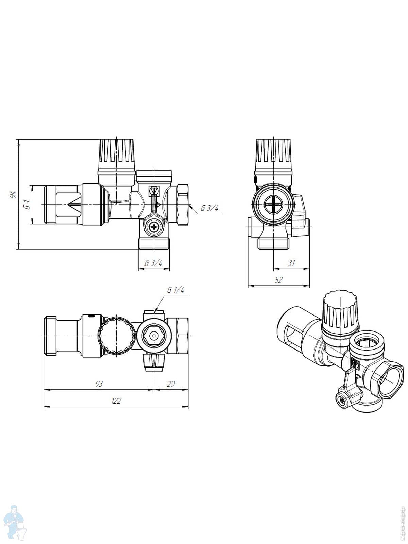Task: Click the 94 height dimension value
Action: pos(13,194)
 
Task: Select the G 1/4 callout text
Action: pos(175,290)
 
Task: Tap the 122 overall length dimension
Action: pos(116,401)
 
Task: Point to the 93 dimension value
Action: pos(99,384)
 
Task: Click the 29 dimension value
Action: pos(171,384)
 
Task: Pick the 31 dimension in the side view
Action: pos(291,263)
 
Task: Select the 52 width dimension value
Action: pos(278,280)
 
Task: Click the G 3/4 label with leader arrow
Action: pos(209,208)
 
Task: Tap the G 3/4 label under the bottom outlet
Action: pos(153,263)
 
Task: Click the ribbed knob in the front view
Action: pos(117,155)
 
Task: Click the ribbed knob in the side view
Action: pos(273,155)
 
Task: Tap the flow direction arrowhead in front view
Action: pos(74,205)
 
